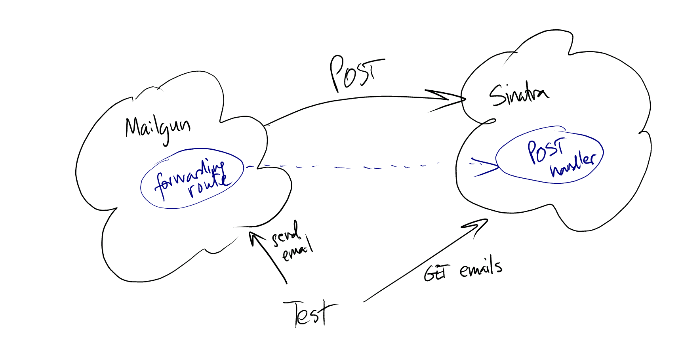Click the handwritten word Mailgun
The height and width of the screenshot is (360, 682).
click(x=157, y=128)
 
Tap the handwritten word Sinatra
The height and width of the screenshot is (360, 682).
click(x=518, y=95)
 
